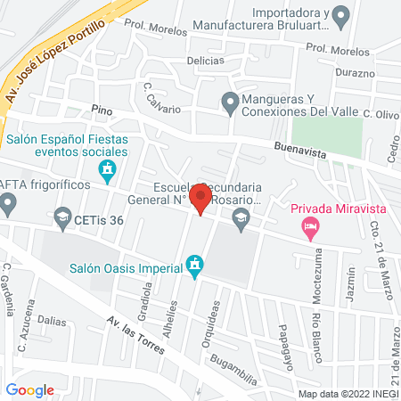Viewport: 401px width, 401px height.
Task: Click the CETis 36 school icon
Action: click(x=62, y=217)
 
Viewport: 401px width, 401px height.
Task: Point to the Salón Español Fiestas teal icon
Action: click(x=108, y=168)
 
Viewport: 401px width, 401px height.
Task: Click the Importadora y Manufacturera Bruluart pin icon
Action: click(x=340, y=15)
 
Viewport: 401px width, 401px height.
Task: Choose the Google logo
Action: click(x=29, y=389)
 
